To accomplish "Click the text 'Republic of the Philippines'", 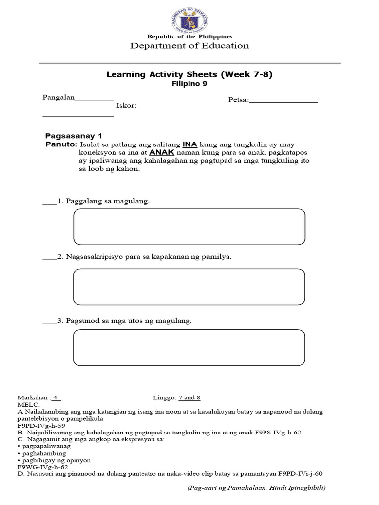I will pyautogui.click(x=189, y=37).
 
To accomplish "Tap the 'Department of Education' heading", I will pyautogui.click(x=189, y=46).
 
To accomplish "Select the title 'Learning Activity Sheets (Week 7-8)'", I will pyautogui.click(x=189, y=74).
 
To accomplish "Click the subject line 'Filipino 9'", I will pyautogui.click(x=189, y=84).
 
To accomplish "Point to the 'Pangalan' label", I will pyautogui.click(x=58, y=97).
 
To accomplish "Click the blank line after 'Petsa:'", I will pyautogui.click(x=283, y=100).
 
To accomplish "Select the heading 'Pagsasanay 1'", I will pyautogui.click(x=74, y=136).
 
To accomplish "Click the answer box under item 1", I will pyautogui.click(x=189, y=226).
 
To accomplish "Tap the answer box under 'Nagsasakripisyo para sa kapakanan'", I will pyautogui.click(x=189, y=287).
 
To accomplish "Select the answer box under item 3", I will pyautogui.click(x=189, y=348).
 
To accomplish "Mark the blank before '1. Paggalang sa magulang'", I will pyautogui.click(x=49, y=201).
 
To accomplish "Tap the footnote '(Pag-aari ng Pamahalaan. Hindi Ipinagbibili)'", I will pyautogui.click(x=256, y=488).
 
